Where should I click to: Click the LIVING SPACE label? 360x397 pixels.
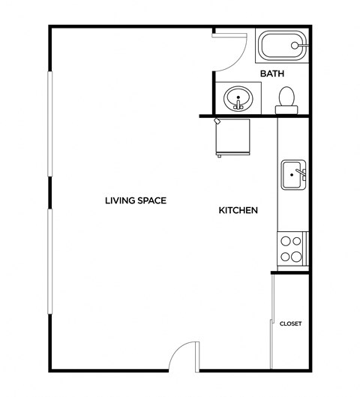[135, 200]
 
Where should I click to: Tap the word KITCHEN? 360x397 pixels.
[238, 211]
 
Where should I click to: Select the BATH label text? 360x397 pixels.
[271, 74]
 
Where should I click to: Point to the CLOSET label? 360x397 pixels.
[290, 323]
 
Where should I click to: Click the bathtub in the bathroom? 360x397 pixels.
[282, 46]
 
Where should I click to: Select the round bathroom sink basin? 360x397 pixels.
[239, 98]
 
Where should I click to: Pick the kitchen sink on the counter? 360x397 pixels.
[292, 176]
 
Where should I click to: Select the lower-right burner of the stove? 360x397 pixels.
[296, 256]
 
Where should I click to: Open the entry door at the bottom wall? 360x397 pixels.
[183, 359]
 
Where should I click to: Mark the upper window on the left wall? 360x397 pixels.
[49, 124]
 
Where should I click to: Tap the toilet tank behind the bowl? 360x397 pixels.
[286, 110]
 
